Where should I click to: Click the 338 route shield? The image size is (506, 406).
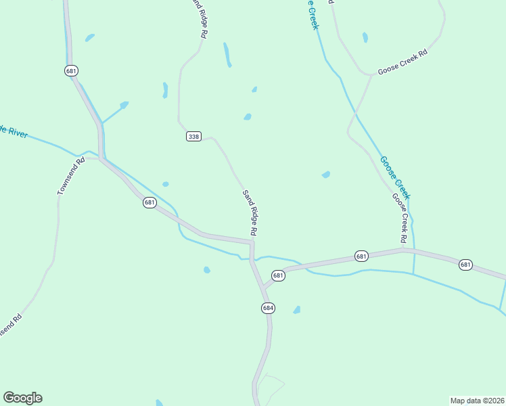coord(193,137)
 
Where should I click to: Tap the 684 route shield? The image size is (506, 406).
coord(268,308)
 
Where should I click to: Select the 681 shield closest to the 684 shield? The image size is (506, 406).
coord(278,275)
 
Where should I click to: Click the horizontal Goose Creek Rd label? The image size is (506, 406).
coord(403,62)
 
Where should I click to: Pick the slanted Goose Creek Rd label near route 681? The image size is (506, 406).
coord(400,218)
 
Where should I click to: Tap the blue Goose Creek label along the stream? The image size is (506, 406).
coord(395,177)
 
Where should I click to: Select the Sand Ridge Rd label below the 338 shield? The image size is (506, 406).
coord(249,212)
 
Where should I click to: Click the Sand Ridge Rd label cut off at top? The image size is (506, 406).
coord(199,18)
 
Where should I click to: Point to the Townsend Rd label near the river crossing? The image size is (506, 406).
coord(70,177)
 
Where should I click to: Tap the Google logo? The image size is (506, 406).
coord(22,398)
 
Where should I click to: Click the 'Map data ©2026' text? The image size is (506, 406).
coord(477,400)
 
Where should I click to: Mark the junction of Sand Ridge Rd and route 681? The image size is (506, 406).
coord(252,242)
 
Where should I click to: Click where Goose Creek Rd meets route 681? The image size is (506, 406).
coord(405,249)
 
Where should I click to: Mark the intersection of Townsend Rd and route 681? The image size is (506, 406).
coord(100,158)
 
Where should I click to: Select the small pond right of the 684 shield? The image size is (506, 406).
coord(296,310)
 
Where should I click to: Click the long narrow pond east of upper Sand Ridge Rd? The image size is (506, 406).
coord(228,55)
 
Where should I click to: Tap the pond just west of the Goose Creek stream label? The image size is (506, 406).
coord(326,175)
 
